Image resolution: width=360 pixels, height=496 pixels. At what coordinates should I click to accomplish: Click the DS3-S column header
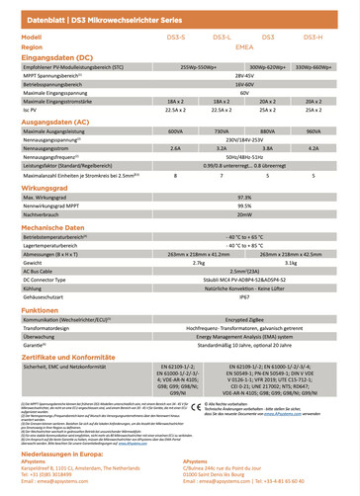(176, 36)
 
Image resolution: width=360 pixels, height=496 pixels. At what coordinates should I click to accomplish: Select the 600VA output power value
(176, 130)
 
